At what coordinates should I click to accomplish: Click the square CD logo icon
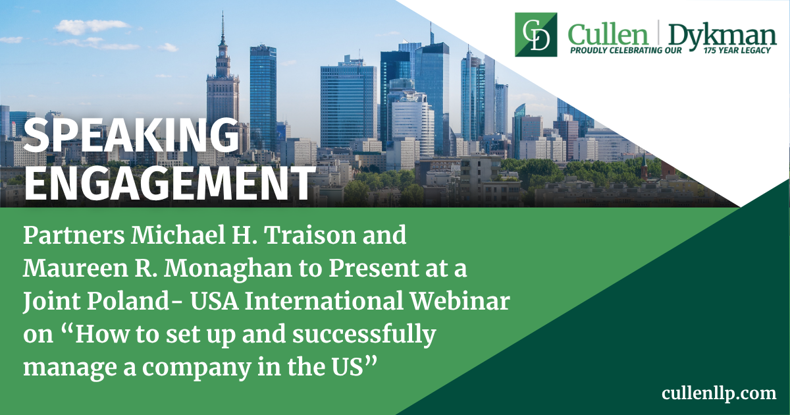tap(536, 34)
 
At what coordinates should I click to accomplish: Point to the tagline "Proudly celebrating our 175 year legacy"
tap(669, 50)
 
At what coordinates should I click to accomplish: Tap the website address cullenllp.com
tap(719, 393)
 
